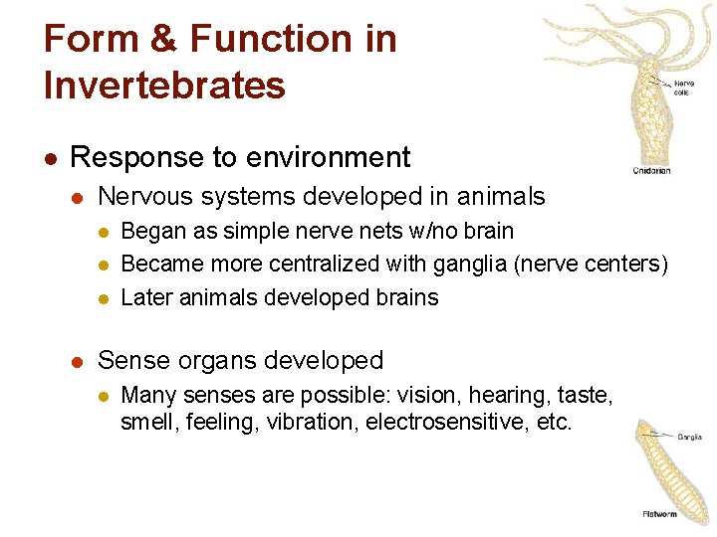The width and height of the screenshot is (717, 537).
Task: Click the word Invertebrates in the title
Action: pos(164,85)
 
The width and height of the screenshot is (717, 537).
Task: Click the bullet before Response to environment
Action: pos(50,158)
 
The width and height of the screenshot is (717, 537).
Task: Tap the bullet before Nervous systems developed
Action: pos(81,198)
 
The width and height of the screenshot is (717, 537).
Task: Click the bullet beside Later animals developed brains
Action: pos(104,298)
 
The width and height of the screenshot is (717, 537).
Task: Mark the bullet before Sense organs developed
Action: pos(81,361)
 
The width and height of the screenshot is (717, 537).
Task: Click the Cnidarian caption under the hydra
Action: pos(652,171)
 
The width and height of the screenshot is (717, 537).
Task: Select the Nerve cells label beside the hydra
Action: pos(685,88)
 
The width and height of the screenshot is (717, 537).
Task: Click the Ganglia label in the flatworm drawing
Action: pos(689,437)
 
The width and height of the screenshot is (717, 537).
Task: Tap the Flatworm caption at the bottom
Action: pos(659,514)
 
